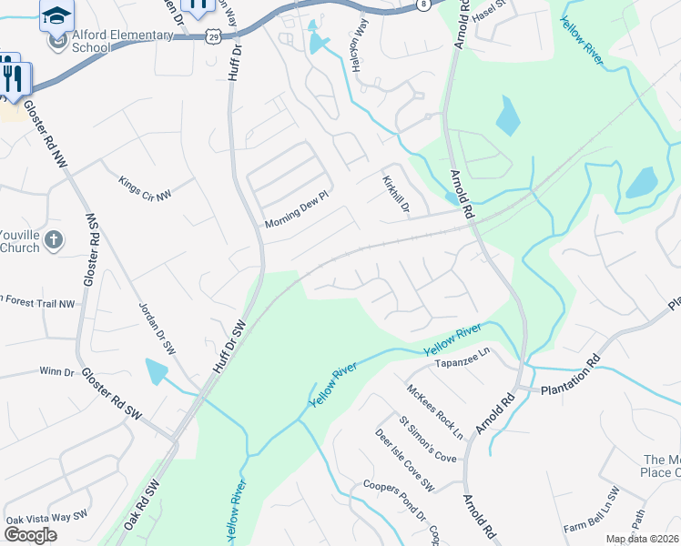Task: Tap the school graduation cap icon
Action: [56, 15]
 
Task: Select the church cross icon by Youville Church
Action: [54, 240]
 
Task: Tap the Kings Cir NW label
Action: [145, 188]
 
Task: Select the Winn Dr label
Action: [56, 371]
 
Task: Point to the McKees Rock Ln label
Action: [435, 410]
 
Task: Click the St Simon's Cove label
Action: [428, 440]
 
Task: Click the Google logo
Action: [30, 535]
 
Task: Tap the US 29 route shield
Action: [213, 35]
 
